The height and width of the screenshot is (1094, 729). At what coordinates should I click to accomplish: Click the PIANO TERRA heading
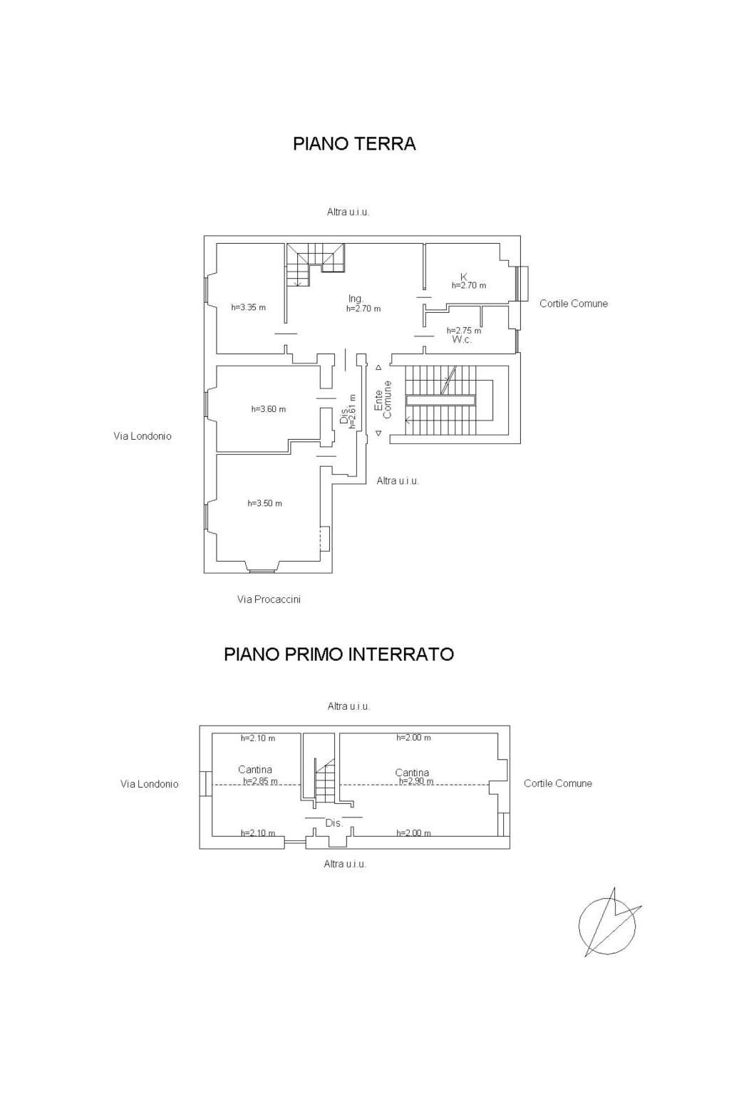[x=354, y=143]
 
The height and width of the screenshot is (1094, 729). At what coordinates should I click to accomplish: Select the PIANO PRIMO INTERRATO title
[x=339, y=654]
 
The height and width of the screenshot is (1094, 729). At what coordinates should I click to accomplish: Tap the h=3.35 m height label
[x=249, y=307]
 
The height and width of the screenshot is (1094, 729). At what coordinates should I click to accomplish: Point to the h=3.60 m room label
[x=269, y=409]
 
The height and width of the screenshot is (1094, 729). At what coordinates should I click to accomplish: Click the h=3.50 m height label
[x=264, y=503]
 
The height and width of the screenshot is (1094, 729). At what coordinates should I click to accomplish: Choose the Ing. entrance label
[x=356, y=299]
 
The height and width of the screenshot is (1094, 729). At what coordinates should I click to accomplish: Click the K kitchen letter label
[x=464, y=277]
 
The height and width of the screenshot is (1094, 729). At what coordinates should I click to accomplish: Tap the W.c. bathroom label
[x=462, y=339]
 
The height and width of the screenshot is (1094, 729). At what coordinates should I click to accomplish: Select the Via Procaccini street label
[x=269, y=599]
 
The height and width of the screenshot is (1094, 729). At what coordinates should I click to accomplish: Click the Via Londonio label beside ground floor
[x=143, y=436]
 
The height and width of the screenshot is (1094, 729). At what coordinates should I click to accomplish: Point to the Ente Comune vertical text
[x=383, y=400]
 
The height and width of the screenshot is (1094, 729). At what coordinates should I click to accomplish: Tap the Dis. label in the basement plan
[x=334, y=823]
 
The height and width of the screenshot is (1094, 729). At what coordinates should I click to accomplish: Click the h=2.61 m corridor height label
[x=353, y=411]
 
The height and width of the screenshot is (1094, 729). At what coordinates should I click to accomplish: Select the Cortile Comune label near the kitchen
[x=574, y=304]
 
